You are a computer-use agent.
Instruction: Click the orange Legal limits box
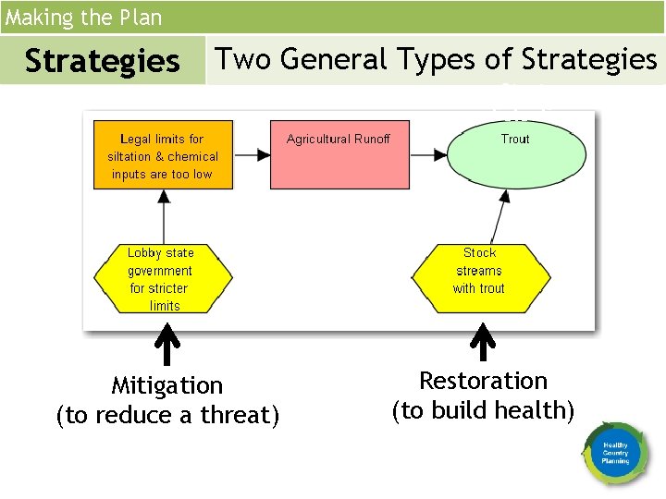click(x=164, y=156)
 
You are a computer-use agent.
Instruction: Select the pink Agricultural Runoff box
click(x=339, y=155)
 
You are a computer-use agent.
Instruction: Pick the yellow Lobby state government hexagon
click(x=161, y=278)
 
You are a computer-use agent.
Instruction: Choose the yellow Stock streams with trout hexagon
click(x=479, y=270)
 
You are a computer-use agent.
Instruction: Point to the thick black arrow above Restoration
click(x=482, y=343)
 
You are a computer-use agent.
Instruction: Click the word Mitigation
click(x=166, y=385)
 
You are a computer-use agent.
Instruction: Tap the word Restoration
click(x=483, y=381)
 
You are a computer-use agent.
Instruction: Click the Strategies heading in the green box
click(x=102, y=61)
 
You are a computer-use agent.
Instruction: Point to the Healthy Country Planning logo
click(x=615, y=453)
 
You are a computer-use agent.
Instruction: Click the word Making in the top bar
click(x=33, y=18)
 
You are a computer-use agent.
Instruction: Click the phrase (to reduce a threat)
click(x=166, y=416)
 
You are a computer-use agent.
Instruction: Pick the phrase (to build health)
click(x=483, y=410)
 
